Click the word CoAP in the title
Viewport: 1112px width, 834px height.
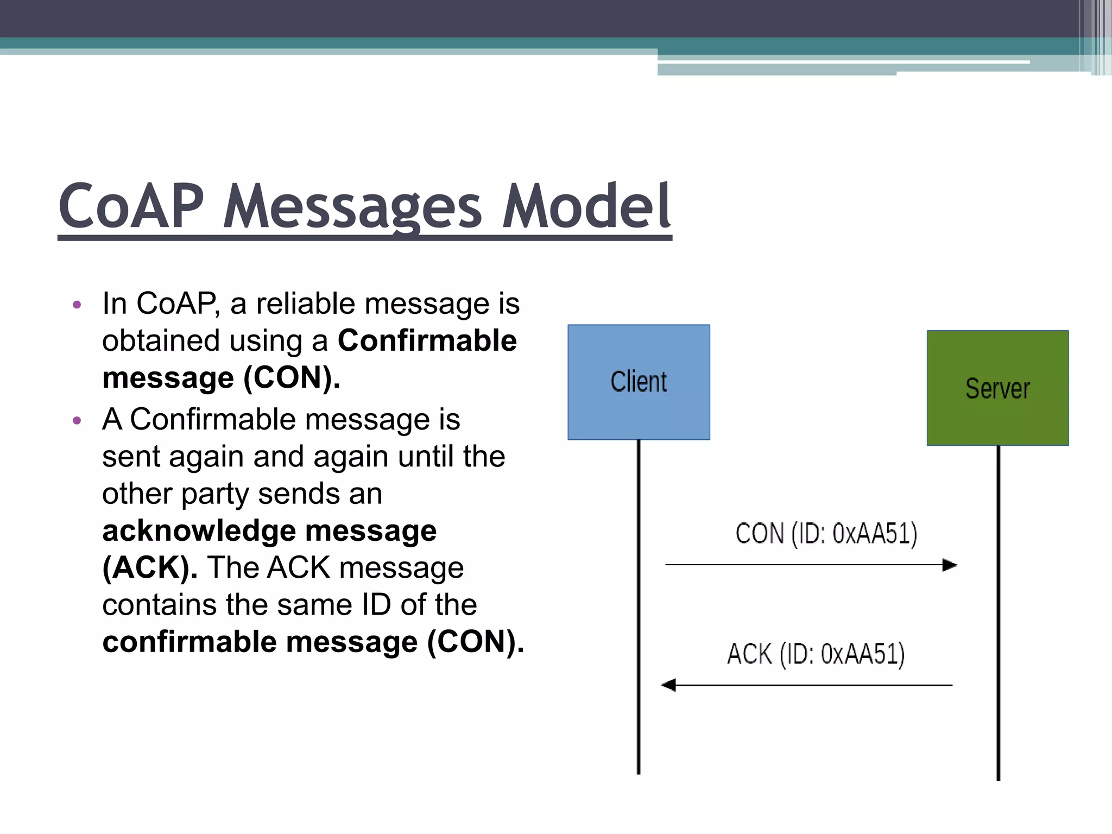click(x=131, y=207)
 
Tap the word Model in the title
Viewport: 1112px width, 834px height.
click(x=586, y=207)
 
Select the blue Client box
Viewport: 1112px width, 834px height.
click(x=639, y=382)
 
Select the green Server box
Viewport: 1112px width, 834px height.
click(x=997, y=388)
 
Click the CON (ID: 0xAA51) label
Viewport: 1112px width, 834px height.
click(x=826, y=534)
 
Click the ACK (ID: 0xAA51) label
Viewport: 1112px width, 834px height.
click(x=816, y=654)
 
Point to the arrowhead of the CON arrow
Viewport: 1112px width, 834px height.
click(x=950, y=565)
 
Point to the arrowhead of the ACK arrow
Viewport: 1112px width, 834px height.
click(x=668, y=685)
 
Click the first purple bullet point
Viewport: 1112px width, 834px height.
click(x=77, y=305)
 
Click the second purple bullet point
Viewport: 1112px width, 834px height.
click(x=77, y=420)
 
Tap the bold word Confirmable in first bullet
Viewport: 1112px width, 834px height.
click(x=427, y=341)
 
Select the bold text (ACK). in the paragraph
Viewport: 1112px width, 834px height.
click(x=150, y=568)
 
